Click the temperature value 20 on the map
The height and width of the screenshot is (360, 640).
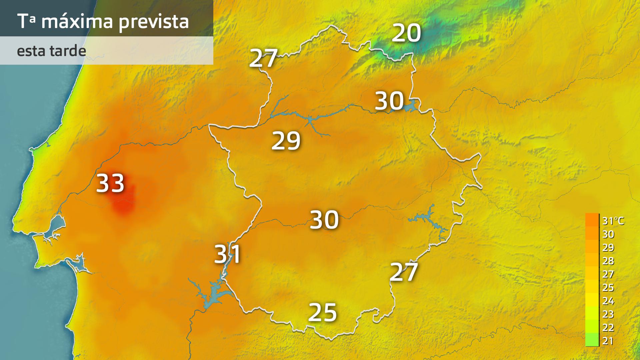pyautogui.click(x=406, y=33)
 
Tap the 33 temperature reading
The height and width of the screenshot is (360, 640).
pyautogui.click(x=110, y=183)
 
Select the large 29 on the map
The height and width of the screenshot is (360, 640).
pyautogui.click(x=286, y=141)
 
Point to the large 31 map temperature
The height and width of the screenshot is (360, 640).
pyautogui.click(x=228, y=254)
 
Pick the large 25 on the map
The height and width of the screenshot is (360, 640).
pyautogui.click(x=323, y=313)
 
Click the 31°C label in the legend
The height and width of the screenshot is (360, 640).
pyautogui.click(x=613, y=221)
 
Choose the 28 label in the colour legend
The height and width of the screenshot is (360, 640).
pyautogui.click(x=608, y=261)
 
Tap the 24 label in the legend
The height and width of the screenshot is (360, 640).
pyautogui.click(x=608, y=301)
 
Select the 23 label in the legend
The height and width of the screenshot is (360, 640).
pyautogui.click(x=608, y=314)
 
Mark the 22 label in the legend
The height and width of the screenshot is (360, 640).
pyautogui.click(x=608, y=328)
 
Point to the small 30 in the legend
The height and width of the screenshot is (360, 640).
pyautogui.click(x=608, y=234)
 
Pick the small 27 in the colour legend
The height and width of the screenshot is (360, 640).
pyautogui.click(x=608, y=274)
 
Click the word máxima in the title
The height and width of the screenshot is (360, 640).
pyautogui.click(x=77, y=21)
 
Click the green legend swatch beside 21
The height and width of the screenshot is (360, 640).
pyautogui.click(x=592, y=340)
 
